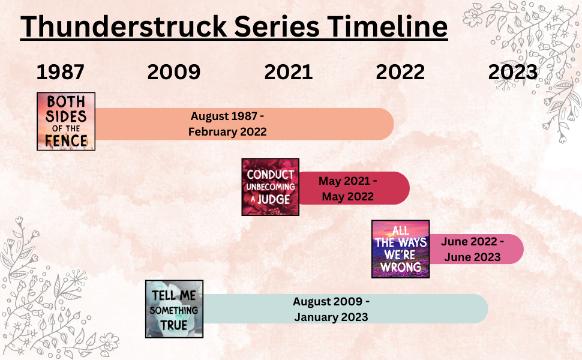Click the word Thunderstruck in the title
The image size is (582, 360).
point(121,26)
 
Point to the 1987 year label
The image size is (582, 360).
point(60,72)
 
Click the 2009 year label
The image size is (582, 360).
point(173,72)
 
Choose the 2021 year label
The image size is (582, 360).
point(288,72)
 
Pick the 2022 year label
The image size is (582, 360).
point(400,72)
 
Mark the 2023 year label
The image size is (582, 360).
point(513,72)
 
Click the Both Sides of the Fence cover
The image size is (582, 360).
point(66,121)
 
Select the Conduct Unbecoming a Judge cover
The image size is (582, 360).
point(271,187)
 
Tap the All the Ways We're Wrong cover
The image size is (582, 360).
point(401,249)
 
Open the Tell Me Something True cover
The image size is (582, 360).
point(175,309)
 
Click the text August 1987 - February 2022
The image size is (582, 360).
point(227,124)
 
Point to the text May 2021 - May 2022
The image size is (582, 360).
point(347,188)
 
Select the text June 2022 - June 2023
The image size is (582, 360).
point(472,249)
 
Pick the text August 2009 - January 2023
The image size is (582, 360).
point(331,309)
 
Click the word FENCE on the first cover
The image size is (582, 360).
point(66,142)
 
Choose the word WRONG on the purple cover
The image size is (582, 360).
point(401,265)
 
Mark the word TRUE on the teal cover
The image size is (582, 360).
point(174,325)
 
